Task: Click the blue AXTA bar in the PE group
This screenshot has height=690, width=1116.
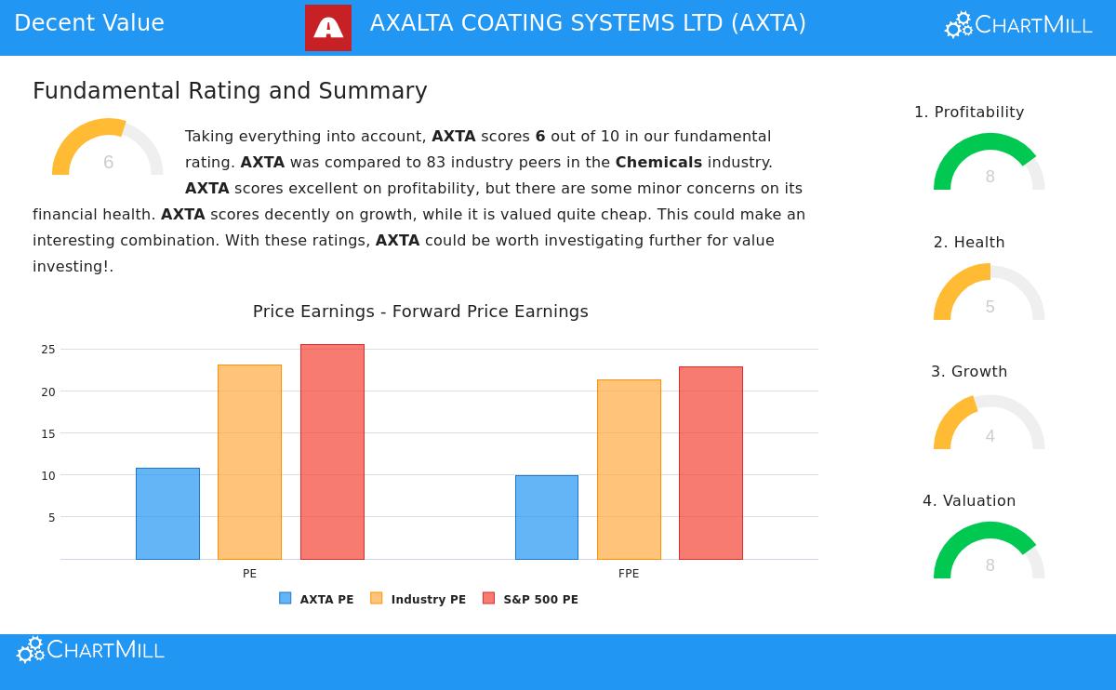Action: tap(167, 513)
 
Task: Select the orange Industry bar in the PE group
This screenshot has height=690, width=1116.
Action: tap(249, 462)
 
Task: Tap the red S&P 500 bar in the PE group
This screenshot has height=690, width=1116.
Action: tap(332, 452)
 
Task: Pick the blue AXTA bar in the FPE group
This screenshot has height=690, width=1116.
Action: tap(547, 517)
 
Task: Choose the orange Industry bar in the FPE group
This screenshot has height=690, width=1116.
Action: tap(629, 470)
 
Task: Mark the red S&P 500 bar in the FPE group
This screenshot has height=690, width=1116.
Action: tap(711, 463)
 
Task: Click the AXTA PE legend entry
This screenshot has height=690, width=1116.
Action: tap(317, 600)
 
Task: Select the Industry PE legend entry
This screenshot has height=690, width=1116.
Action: tap(418, 600)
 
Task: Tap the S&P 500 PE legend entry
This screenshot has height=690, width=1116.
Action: tap(531, 600)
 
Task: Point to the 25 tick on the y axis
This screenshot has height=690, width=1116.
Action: tap(48, 350)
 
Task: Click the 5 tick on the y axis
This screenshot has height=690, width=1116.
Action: tap(52, 517)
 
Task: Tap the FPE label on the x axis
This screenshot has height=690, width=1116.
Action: tap(629, 574)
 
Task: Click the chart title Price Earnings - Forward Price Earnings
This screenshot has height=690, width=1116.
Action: tap(420, 312)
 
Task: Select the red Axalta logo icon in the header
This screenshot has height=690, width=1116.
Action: tap(328, 28)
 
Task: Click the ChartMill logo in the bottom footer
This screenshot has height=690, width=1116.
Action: tap(91, 650)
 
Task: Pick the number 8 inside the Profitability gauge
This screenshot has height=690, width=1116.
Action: tap(990, 177)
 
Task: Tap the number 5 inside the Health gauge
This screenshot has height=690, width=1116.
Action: tap(990, 307)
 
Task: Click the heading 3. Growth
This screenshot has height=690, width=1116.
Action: tap(969, 372)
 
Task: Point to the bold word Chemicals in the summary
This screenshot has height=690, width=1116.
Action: tap(658, 163)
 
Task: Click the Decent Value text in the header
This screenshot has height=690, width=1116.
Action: tap(89, 24)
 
